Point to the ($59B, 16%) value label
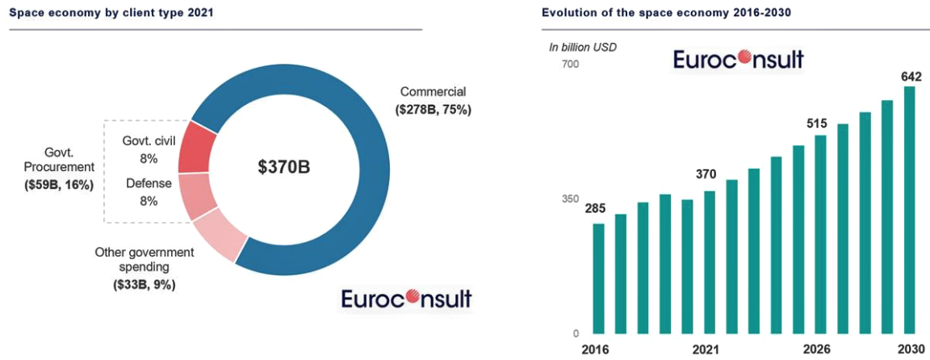pyautogui.click(x=59, y=185)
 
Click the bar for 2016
pyautogui.click(x=598, y=278)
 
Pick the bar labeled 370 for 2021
pyautogui.click(x=710, y=262)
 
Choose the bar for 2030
pyautogui.click(x=910, y=209)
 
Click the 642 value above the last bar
pyautogui.click(x=911, y=77)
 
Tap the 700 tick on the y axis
pyautogui.click(x=570, y=64)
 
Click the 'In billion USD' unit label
pyautogui.click(x=582, y=47)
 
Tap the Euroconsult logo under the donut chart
pyautogui.click(x=406, y=298)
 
